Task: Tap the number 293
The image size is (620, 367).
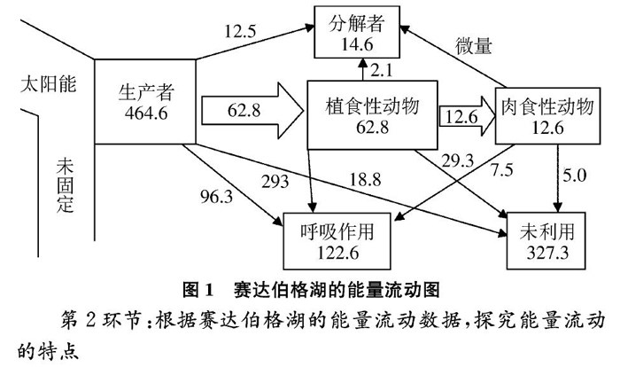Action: point(276,183)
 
